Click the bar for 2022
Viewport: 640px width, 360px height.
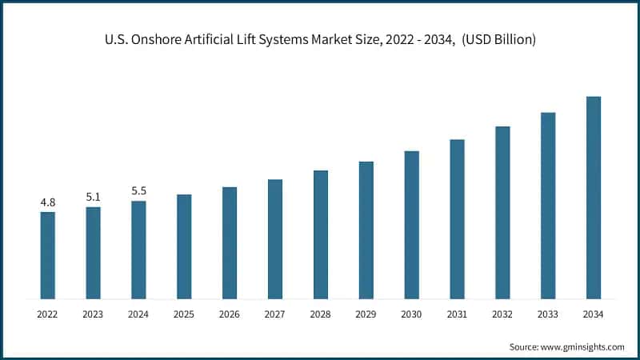(48, 255)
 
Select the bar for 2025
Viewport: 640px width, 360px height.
(184, 246)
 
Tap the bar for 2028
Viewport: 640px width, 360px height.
(321, 234)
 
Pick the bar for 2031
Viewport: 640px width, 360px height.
(457, 219)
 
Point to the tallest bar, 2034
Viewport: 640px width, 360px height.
(594, 198)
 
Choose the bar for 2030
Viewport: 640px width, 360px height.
(411, 225)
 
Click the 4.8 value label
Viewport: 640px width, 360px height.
(48, 202)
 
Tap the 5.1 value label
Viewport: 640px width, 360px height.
(94, 198)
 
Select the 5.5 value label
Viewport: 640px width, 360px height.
(138, 191)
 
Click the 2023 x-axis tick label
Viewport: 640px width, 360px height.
(94, 315)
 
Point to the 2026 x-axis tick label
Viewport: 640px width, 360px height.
(230, 315)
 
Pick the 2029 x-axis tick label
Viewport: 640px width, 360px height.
(366, 315)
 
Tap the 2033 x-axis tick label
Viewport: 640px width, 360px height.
(548, 315)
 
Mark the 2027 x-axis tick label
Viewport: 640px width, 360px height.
(275, 315)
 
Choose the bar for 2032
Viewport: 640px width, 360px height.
(502, 213)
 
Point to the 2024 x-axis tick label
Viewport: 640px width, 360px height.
(138, 315)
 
